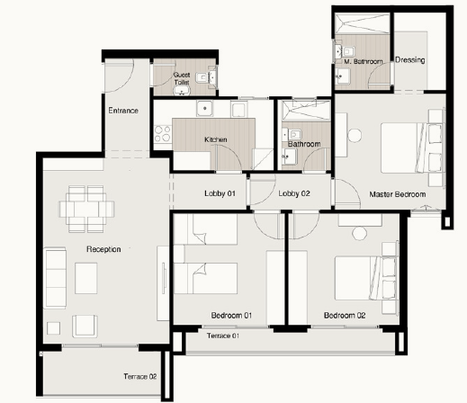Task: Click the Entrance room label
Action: pyautogui.click(x=123, y=111)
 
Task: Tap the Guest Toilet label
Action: pyautogui.click(x=182, y=78)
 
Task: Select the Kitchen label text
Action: pyautogui.click(x=216, y=139)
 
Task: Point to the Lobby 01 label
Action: pyautogui.click(x=220, y=193)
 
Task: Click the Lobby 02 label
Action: pyautogui.click(x=294, y=193)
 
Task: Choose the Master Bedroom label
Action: pyautogui.click(x=398, y=194)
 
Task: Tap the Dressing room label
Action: pyautogui.click(x=410, y=60)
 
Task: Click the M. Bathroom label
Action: pyautogui.click(x=364, y=61)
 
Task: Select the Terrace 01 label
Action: pyautogui.click(x=223, y=336)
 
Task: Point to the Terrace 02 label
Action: pyautogui.click(x=140, y=376)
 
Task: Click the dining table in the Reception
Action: pyautogui.click(x=86, y=209)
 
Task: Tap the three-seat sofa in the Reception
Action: pyautogui.click(x=55, y=278)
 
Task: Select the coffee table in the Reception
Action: pyautogui.click(x=86, y=278)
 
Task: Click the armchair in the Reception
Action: pyautogui.click(x=85, y=327)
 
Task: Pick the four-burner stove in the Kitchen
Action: pyautogui.click(x=163, y=134)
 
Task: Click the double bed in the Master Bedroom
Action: pyautogui.click(x=412, y=148)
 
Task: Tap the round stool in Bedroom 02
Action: pyautogui.click(x=359, y=233)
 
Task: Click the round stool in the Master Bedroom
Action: pyautogui.click(x=355, y=136)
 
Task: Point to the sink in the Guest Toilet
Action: pyautogui.click(x=182, y=90)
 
